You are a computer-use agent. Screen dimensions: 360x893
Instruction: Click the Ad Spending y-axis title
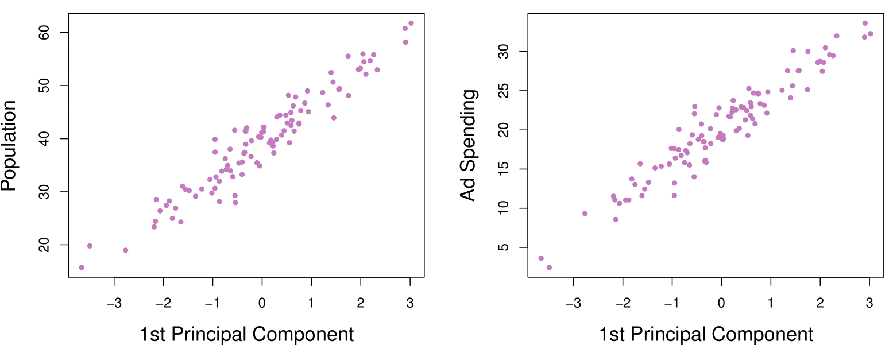point(469,145)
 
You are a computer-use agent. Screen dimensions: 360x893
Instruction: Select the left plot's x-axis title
point(246,335)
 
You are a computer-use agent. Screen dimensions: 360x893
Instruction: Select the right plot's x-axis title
point(706,335)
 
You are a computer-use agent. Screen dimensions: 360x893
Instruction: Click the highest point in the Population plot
point(411,23)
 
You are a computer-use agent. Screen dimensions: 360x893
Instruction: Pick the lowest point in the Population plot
point(82,268)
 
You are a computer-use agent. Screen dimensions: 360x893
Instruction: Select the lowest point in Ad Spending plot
point(549,268)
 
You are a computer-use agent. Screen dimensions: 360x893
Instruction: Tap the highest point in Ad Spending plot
point(865,23)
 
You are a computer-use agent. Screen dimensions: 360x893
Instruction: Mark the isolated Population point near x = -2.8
point(126,250)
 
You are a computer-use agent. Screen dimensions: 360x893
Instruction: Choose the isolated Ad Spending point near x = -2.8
point(585,214)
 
